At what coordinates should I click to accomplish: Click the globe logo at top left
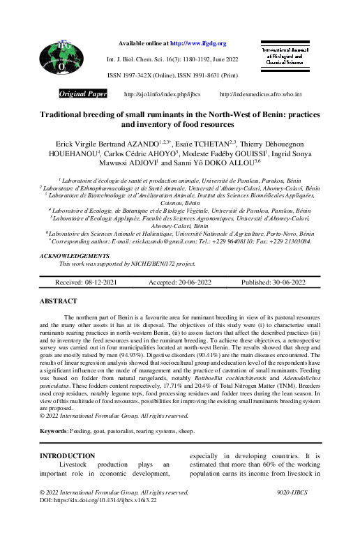point(61,58)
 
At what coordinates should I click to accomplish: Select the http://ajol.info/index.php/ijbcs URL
point(152,94)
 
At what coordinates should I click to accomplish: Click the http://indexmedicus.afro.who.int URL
point(260,94)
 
